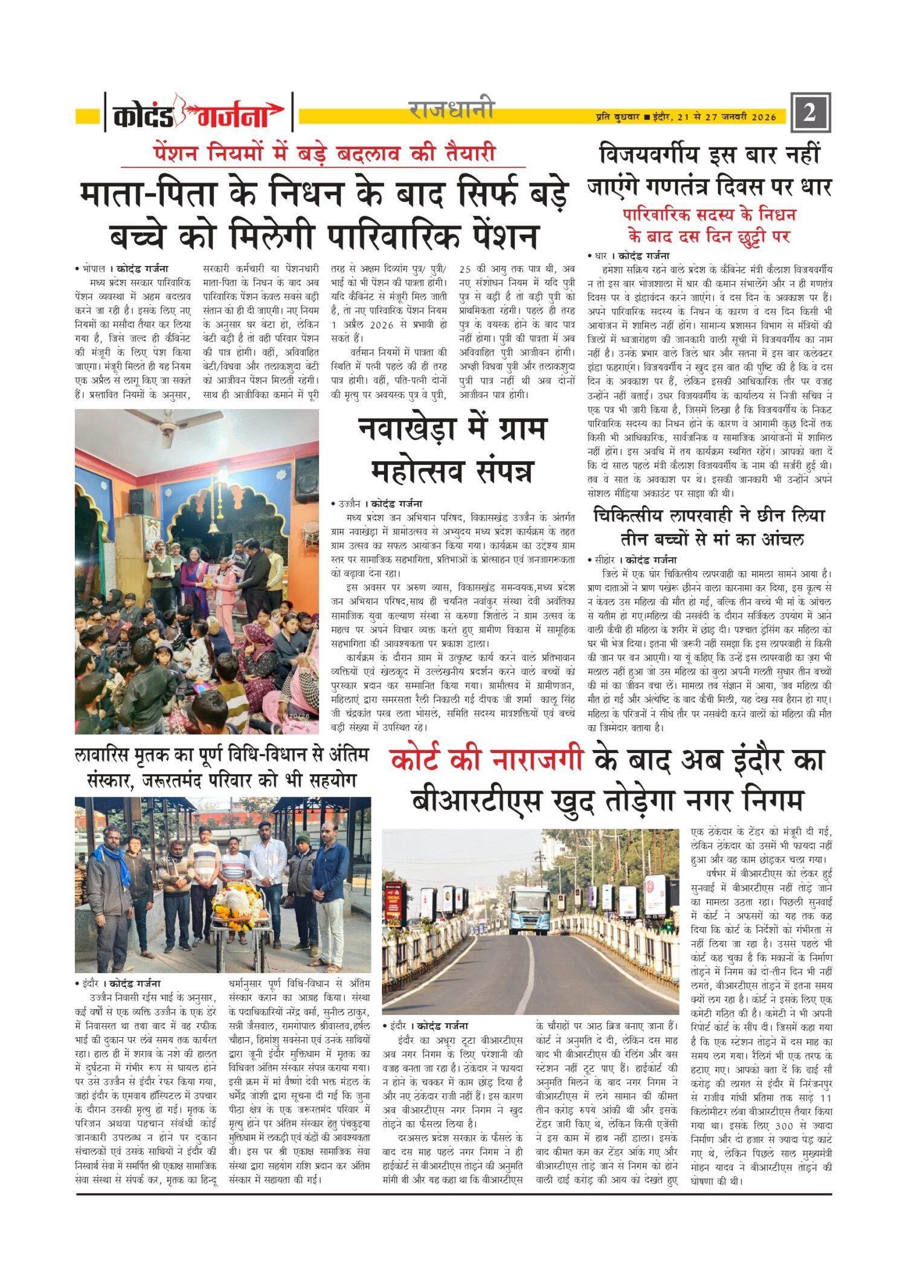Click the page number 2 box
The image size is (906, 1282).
[810, 112]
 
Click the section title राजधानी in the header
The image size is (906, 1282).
[452, 110]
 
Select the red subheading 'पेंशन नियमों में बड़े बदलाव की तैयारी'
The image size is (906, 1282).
[324, 153]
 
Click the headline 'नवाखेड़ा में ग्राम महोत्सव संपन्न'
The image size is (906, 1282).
[452, 450]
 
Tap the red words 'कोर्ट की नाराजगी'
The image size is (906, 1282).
[487, 761]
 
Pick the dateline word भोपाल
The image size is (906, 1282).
[95, 268]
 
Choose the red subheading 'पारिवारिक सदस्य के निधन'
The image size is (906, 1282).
[710, 215]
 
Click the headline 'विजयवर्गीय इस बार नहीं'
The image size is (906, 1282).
[710, 155]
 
